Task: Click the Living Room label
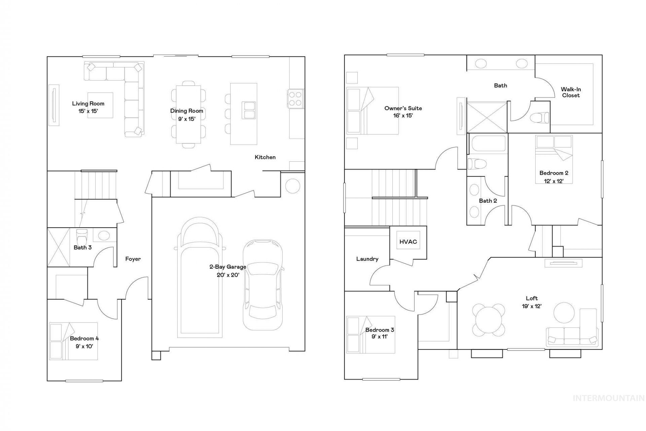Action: click(88, 104)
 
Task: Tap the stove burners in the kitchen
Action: click(295, 98)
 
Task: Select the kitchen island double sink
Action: click(249, 110)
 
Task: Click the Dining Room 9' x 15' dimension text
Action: click(187, 119)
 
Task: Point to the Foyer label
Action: click(133, 259)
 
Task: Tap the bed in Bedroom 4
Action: click(73, 341)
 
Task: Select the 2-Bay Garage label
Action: click(228, 267)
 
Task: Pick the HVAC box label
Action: click(408, 242)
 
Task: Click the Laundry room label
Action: click(367, 259)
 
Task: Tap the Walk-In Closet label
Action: click(571, 92)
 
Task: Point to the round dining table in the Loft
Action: click(489, 318)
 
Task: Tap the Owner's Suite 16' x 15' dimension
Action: click(403, 116)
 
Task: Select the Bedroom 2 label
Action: click(554, 173)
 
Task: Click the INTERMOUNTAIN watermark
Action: click(608, 398)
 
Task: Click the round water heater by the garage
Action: click(292, 186)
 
